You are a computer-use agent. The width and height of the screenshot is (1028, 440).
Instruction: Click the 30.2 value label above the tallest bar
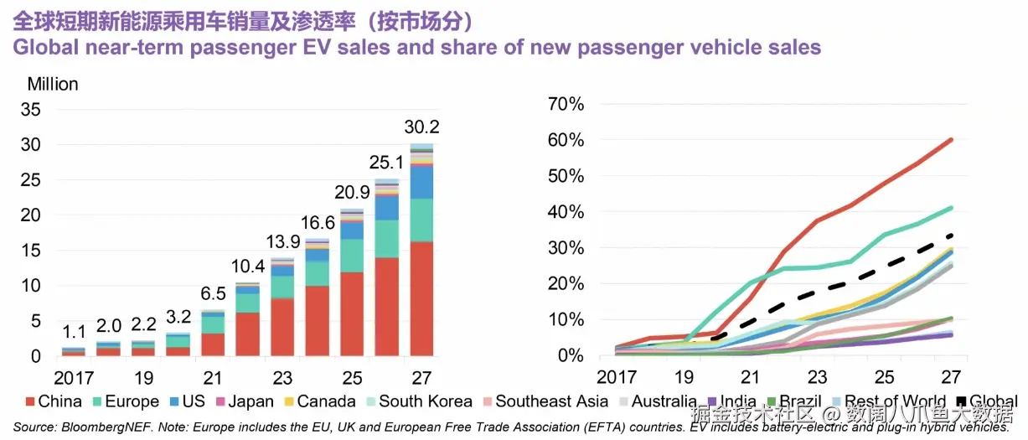click(x=421, y=127)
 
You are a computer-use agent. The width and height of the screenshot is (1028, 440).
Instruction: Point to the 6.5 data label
click(x=213, y=294)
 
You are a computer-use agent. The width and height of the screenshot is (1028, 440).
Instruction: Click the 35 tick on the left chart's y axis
click(x=30, y=109)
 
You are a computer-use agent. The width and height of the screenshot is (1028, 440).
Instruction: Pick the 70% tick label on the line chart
click(x=566, y=104)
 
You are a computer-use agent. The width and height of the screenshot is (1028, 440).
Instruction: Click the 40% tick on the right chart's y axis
click(x=566, y=212)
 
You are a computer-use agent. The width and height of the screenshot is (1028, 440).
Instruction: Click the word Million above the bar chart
click(x=53, y=84)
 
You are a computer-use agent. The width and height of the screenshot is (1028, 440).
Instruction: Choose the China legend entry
click(x=54, y=402)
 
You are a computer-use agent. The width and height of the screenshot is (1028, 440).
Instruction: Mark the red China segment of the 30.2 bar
click(x=421, y=298)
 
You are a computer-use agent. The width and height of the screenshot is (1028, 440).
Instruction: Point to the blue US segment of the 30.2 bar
click(x=421, y=182)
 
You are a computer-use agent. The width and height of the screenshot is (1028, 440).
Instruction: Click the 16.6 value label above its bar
click(x=318, y=223)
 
